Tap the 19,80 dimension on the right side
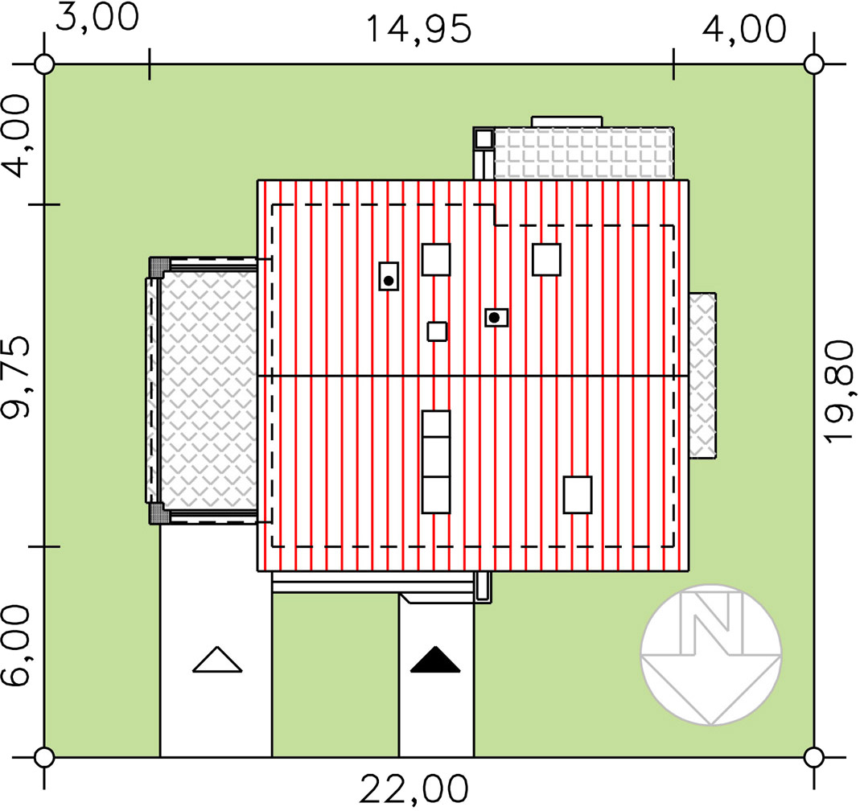pyautogui.click(x=839, y=392)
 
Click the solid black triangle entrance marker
pyautogui.click(x=435, y=660)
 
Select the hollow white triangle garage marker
pyautogui.click(x=217, y=660)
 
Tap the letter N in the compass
pyautogui.click(x=711, y=624)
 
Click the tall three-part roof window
pyautogui.click(x=436, y=462)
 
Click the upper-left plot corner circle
pyautogui.click(x=44, y=64)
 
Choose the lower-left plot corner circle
pyautogui.click(x=44, y=757)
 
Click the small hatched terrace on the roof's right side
pyautogui.click(x=702, y=375)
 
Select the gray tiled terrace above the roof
pyautogui.click(x=583, y=154)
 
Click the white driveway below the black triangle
pyautogui.click(x=436, y=707)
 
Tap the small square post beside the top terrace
pyautogui.click(x=483, y=138)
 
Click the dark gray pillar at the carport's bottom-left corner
pyautogui.click(x=157, y=514)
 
